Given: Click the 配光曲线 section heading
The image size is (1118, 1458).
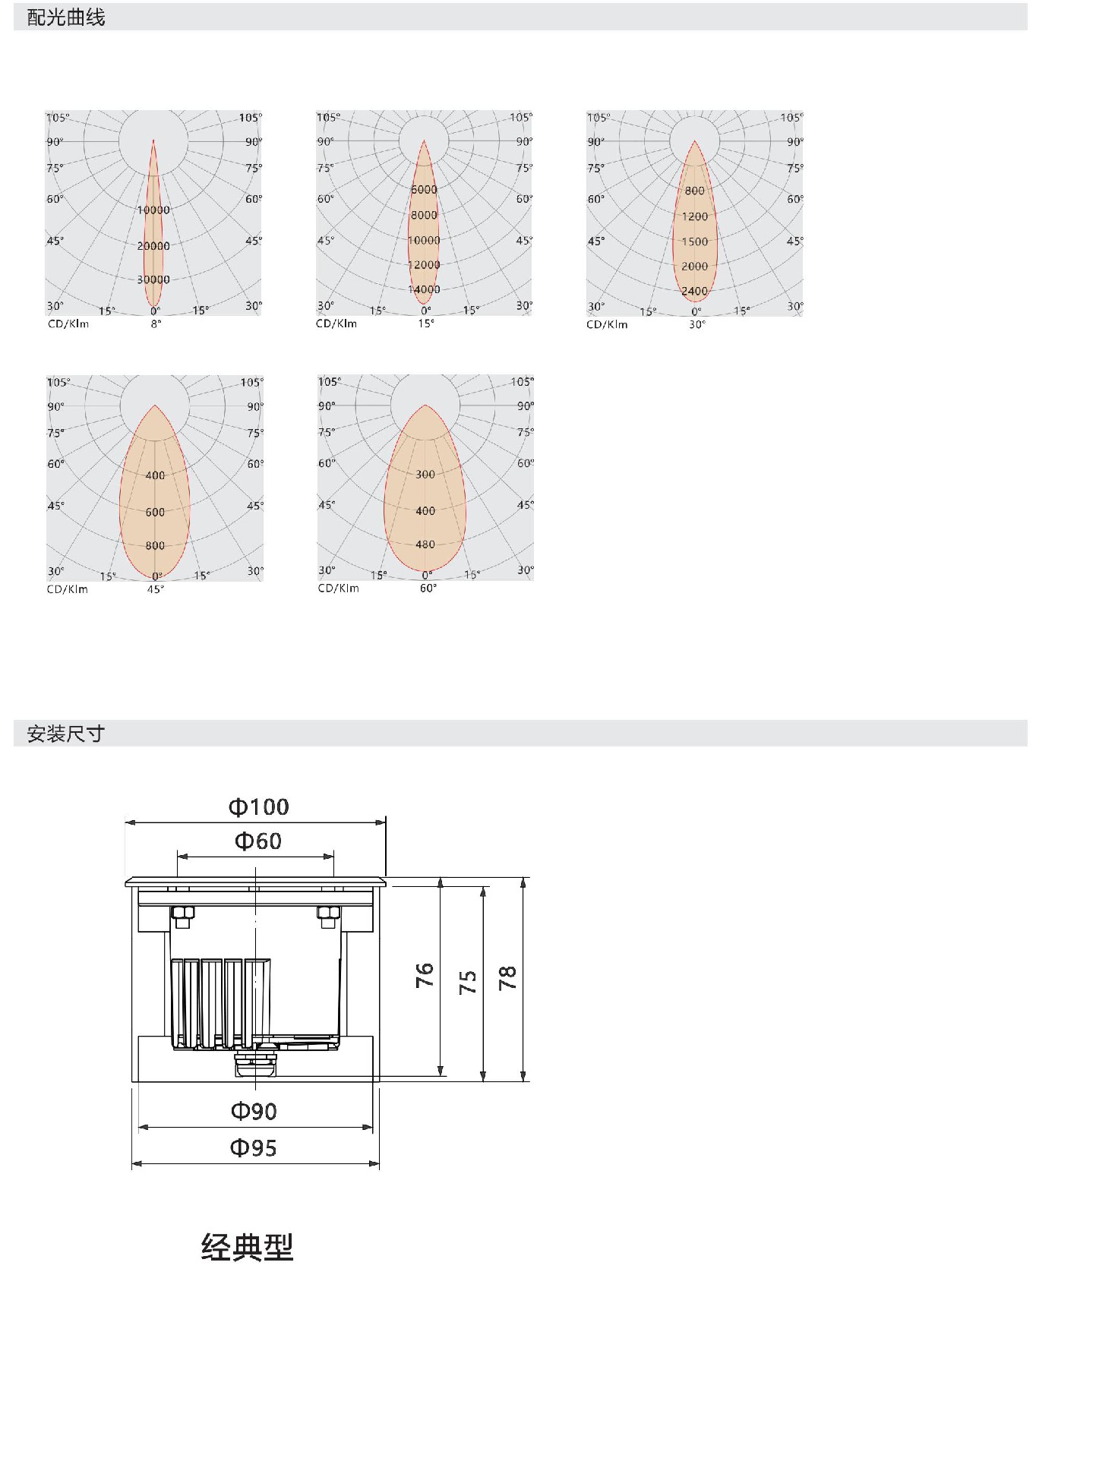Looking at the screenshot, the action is tap(66, 17).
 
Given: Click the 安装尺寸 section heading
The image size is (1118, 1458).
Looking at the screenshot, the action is tap(66, 734).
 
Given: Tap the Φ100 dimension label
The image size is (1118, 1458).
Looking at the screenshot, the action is tap(259, 806).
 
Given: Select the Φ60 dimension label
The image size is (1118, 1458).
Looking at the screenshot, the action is tap(258, 841).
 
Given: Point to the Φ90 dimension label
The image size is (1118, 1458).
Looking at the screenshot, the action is tap(254, 1111).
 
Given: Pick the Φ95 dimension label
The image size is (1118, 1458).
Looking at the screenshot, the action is tap(254, 1147).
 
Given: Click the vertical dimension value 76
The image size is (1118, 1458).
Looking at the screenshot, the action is tap(425, 975).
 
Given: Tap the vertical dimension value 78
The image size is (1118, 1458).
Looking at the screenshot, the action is tap(507, 977).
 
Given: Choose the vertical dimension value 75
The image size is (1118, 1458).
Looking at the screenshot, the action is tap(468, 982).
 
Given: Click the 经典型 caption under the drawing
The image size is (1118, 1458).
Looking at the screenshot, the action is tap(248, 1248).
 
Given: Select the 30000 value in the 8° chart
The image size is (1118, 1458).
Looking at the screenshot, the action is tap(153, 279).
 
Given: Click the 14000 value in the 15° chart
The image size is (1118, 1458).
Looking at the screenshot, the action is tap(424, 289).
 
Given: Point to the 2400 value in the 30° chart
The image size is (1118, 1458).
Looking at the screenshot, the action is tap(694, 291).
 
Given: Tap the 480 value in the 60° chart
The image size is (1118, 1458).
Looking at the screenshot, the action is tap(425, 544).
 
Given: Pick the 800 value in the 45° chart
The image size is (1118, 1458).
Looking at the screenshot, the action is tap(155, 545).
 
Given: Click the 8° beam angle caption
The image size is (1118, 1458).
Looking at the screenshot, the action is tap(156, 324).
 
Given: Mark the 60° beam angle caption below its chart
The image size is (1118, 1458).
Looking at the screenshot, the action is tap(428, 589).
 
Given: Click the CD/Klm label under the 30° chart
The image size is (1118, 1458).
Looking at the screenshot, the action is tap(607, 324).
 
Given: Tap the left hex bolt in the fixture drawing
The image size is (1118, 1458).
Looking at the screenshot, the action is tap(183, 917).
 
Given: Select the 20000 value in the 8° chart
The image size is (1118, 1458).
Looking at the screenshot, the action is tap(153, 246).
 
